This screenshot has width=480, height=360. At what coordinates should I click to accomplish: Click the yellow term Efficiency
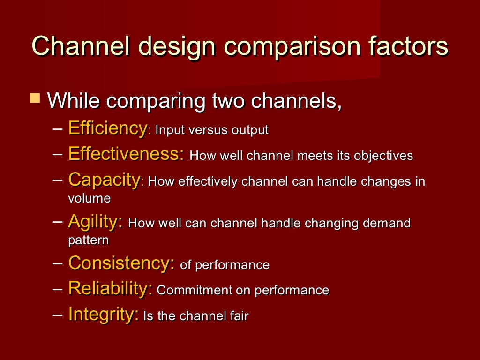pyautogui.click(x=107, y=128)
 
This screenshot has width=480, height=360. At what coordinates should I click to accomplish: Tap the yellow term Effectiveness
pyautogui.click(x=126, y=154)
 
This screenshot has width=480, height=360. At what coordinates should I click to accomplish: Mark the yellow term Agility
pyautogui.click(x=95, y=222)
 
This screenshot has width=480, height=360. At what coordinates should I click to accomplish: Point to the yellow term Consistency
pyautogui.click(x=121, y=263)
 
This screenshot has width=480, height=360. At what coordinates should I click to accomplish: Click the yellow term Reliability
pyautogui.click(x=110, y=289)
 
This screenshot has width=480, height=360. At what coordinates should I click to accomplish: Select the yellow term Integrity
pyautogui.click(x=103, y=314)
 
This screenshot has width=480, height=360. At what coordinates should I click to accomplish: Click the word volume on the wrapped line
pyautogui.click(x=89, y=198)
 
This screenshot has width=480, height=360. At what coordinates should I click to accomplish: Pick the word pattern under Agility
pyautogui.click(x=88, y=240)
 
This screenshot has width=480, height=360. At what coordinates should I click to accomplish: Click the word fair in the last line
pyautogui.click(x=240, y=315)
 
